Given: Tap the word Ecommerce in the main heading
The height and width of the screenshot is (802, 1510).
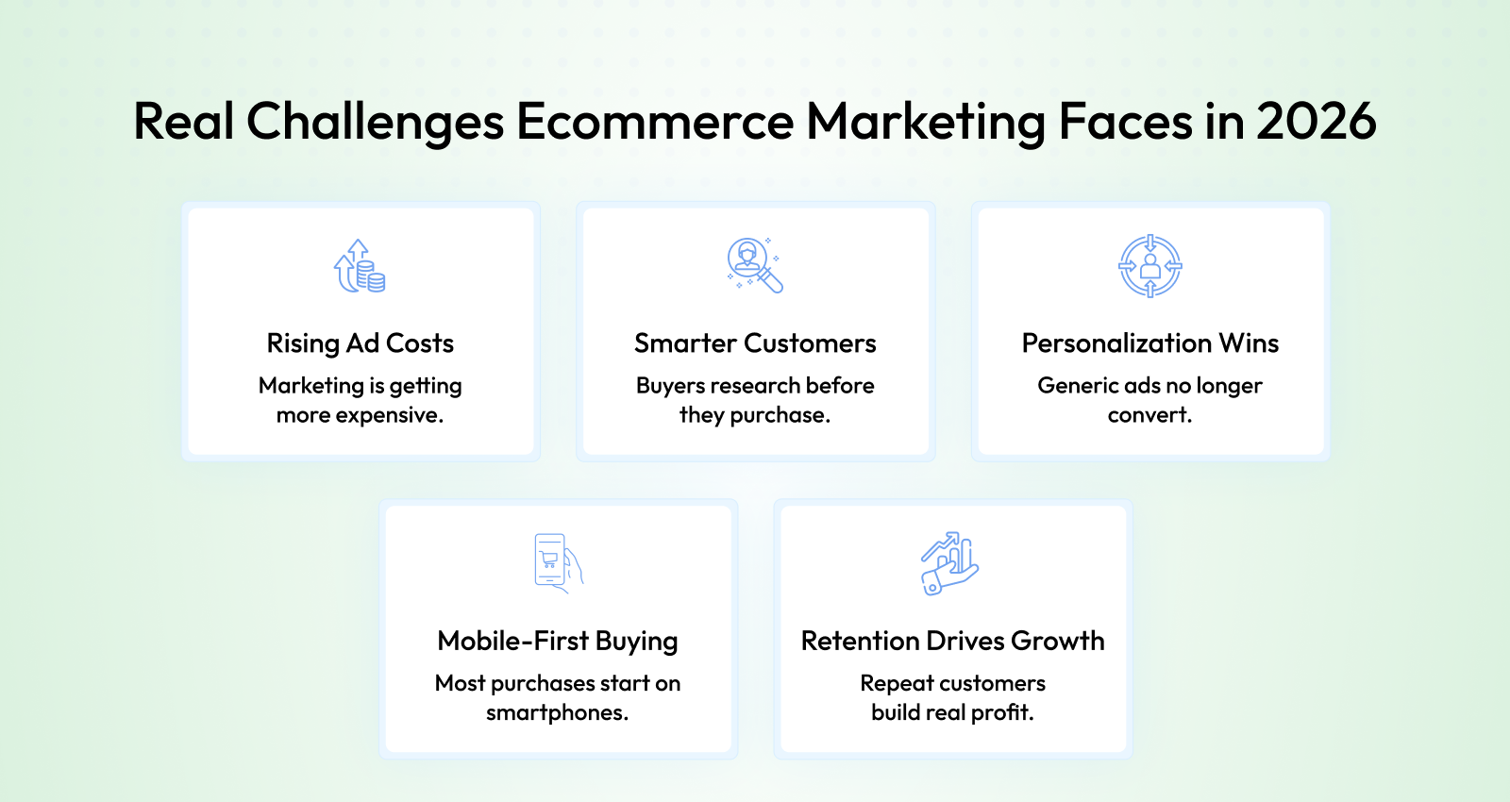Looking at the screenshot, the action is [655, 122].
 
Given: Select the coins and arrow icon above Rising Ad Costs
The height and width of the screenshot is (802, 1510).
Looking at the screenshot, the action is [360, 265].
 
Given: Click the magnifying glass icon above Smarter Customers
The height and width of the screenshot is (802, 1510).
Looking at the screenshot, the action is [754, 265].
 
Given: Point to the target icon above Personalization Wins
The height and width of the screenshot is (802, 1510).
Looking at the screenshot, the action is [1150, 265].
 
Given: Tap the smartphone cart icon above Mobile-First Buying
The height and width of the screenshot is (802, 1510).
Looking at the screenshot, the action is [558, 563].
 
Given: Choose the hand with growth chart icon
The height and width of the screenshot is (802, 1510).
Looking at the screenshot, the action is [949, 563].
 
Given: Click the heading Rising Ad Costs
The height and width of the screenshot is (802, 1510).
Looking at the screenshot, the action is [360, 343].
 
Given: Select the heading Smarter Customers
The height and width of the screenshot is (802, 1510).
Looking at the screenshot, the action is [755, 343].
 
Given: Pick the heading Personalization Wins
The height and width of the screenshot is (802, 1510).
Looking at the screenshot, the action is [1150, 343].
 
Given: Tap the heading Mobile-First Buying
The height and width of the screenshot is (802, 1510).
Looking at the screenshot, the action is [558, 641].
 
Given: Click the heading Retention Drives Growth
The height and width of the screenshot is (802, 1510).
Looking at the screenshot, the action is [952, 641].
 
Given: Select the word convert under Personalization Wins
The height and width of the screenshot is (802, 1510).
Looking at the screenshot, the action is [1149, 415].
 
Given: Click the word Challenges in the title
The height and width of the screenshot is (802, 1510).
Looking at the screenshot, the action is [376, 123].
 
